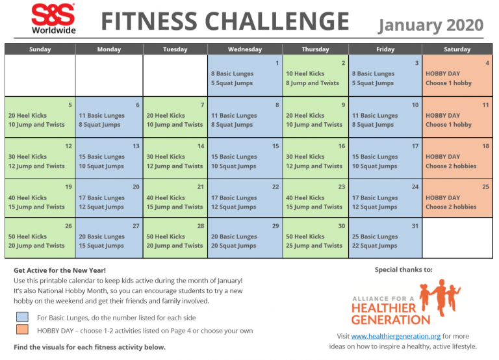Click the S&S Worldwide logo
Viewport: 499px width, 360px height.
pyautogui.click(x=53, y=18)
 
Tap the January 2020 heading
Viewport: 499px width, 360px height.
pyautogui.click(x=431, y=25)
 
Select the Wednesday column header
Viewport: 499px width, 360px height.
pyautogui.click(x=245, y=49)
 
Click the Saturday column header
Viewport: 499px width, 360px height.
pyautogui.click(x=457, y=49)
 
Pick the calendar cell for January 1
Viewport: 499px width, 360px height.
pyautogui.click(x=245, y=76)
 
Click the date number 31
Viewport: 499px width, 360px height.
pyautogui.click(x=415, y=227)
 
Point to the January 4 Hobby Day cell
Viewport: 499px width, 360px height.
pyautogui.click(x=457, y=76)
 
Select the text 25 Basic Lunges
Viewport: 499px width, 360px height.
pyautogui.click(x=374, y=237)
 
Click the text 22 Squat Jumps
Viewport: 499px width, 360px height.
pyautogui.click(x=373, y=246)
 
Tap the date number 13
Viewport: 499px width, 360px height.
pyautogui.click(x=135, y=146)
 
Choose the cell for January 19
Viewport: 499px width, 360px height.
pyautogui.click(x=40, y=198)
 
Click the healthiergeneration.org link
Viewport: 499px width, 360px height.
pyautogui.click(x=396, y=337)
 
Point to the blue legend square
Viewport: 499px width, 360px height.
pyautogui.click(x=23, y=318)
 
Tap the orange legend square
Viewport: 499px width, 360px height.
pyautogui.click(x=23, y=331)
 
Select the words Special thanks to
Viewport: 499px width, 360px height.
pyautogui.click(x=403, y=269)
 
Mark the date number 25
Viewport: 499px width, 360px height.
pyautogui.click(x=485, y=186)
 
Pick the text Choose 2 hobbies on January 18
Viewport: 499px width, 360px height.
pyautogui.click(x=451, y=166)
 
